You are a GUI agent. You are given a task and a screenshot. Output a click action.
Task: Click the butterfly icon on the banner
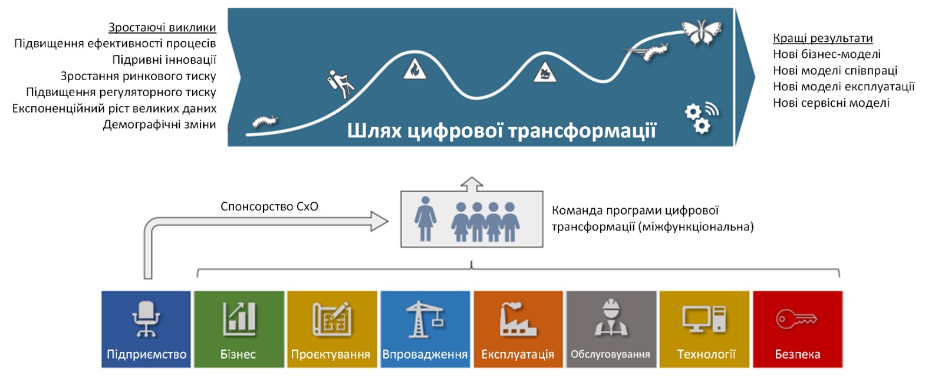(x=702, y=32)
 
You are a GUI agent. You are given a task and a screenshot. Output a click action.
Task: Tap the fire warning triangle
(x=414, y=69)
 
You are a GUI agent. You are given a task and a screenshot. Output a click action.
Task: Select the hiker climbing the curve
(x=340, y=84)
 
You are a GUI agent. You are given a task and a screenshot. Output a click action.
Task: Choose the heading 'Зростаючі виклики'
(x=162, y=28)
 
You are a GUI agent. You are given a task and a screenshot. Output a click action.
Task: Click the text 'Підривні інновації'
(x=164, y=60)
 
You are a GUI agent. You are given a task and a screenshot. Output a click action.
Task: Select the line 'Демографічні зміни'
(x=159, y=124)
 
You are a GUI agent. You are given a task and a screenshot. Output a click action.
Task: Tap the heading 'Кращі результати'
(x=823, y=38)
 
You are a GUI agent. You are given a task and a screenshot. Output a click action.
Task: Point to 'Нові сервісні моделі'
(x=831, y=103)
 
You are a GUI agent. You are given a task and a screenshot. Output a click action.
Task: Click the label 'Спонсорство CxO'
(x=269, y=206)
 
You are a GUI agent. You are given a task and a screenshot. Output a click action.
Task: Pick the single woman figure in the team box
(x=425, y=219)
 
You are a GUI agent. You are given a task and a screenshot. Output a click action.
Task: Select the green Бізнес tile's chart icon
(x=239, y=318)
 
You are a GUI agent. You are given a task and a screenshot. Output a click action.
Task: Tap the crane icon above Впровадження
(x=425, y=318)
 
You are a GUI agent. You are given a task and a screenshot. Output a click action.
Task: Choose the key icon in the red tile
(x=796, y=319)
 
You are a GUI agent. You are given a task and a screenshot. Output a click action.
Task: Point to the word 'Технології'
(x=706, y=354)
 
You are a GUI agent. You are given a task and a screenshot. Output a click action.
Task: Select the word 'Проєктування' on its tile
(x=331, y=354)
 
